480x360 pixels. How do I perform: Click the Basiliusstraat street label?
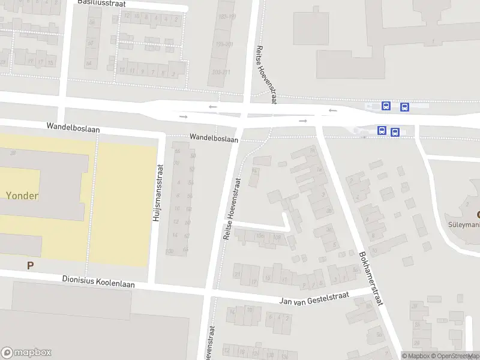tap(101, 3)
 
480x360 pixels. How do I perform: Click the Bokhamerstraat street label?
tap(371, 278)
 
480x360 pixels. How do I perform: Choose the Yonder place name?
tap(23, 195)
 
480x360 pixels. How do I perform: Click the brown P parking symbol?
tap(29, 265)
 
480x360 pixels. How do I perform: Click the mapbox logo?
tap(26, 353)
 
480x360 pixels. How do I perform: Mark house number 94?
tap(254, 170)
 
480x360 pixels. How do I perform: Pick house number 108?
tap(277, 236)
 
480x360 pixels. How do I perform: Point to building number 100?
tap(169, 251)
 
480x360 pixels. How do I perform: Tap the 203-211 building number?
tap(221, 72)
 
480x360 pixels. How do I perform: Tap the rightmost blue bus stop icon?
tap(405, 107)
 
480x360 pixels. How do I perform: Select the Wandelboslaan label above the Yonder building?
tap(74, 128)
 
